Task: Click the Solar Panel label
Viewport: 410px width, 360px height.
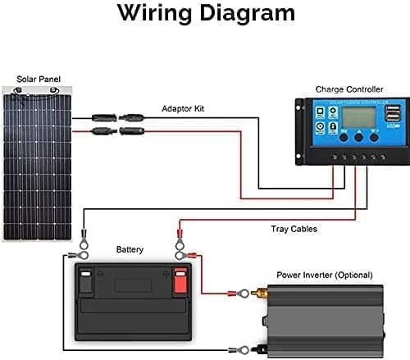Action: pos(39,79)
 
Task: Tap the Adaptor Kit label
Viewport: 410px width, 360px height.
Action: pos(184,107)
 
